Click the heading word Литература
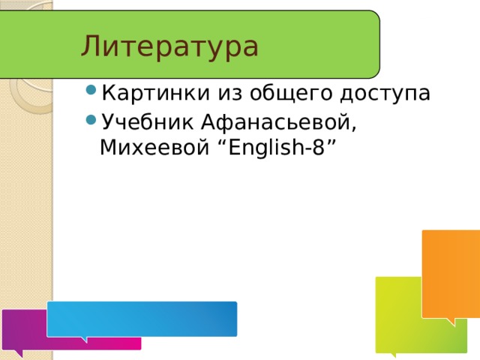[x=169, y=46]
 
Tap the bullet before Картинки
[x=91, y=90]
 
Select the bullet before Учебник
[x=91, y=120]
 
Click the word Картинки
[x=156, y=92]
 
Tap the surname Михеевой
[x=154, y=148]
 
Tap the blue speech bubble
[x=142, y=319]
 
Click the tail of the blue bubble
[x=84, y=339]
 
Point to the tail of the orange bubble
[x=451, y=322]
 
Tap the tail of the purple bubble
[x=19, y=353]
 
